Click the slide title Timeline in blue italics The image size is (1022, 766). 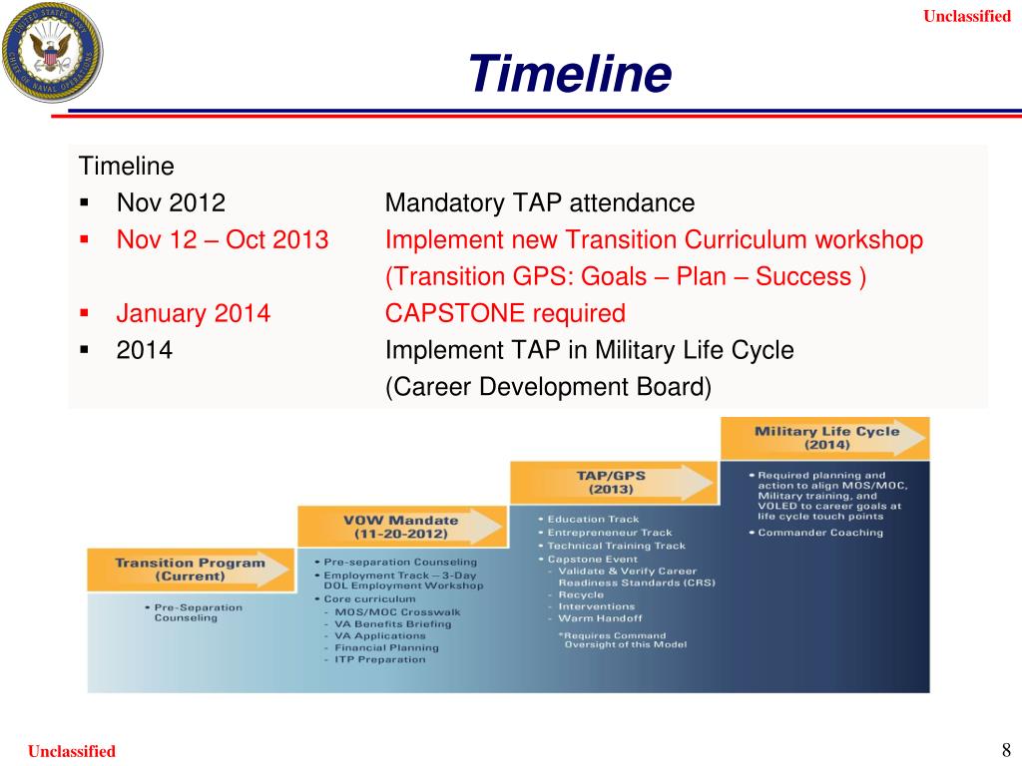(570, 74)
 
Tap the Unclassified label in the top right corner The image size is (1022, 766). (966, 16)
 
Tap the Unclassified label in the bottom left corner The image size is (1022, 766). (72, 751)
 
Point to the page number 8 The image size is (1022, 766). (1005, 750)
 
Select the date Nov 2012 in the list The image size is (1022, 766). (171, 203)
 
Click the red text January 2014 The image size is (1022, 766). (193, 314)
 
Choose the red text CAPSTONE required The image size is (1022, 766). (505, 314)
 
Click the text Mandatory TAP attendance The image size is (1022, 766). (539, 203)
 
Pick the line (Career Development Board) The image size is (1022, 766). (548, 388)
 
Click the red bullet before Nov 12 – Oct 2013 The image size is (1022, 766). (85, 240)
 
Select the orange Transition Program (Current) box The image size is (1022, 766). (189, 570)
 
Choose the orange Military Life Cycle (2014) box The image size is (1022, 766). (825, 438)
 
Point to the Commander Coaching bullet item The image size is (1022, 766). (820, 533)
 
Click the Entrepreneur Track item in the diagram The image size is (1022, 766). (609, 533)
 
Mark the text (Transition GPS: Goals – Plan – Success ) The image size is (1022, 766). (626, 277)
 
